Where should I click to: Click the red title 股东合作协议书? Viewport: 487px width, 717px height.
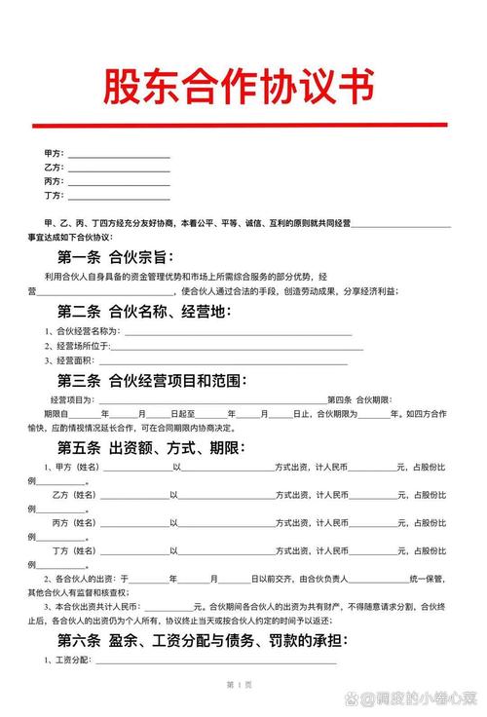tap(239, 88)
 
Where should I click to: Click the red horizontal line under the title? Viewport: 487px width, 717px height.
tap(239, 125)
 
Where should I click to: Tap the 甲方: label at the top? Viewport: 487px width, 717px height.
tap(54, 154)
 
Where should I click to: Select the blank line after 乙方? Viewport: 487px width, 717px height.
tap(117, 170)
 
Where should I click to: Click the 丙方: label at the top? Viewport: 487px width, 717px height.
tap(54, 181)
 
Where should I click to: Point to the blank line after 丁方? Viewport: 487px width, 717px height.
tap(117, 198)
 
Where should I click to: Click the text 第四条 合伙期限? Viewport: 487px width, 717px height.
tap(359, 400)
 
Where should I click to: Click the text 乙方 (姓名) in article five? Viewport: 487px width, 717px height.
tap(75, 495)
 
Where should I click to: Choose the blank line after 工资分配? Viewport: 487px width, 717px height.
tap(214, 662)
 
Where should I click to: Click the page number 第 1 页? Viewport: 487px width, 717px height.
tap(239, 686)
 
